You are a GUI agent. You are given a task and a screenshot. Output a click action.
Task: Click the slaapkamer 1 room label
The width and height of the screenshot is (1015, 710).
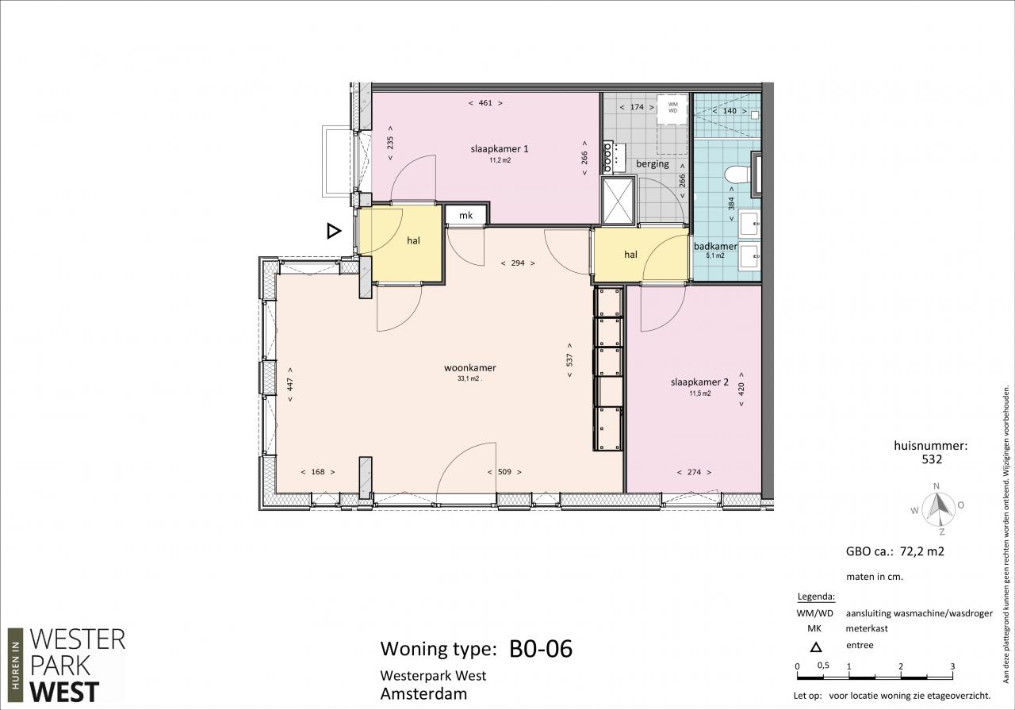(x=500, y=148)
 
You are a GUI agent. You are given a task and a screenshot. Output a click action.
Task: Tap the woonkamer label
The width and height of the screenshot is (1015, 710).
(x=470, y=368)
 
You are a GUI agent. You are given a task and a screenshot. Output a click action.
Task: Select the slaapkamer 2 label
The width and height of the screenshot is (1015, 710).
(x=699, y=382)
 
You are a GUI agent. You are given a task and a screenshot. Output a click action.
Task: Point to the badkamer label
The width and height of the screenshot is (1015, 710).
(x=715, y=246)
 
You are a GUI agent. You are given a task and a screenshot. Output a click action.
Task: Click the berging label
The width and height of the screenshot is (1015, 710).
(x=653, y=163)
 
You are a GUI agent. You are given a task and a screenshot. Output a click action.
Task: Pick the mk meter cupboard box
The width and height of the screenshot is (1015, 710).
(x=466, y=214)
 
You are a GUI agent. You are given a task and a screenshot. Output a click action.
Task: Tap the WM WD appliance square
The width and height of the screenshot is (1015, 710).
(x=672, y=108)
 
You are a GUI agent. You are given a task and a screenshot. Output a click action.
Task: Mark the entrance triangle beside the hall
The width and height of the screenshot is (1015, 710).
(x=334, y=231)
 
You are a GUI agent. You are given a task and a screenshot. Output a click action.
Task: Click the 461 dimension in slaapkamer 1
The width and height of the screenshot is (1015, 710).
(x=485, y=103)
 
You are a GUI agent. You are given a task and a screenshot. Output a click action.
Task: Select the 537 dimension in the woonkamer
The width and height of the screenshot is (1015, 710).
(x=569, y=360)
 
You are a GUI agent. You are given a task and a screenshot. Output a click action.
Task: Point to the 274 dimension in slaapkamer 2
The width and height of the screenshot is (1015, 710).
(x=694, y=472)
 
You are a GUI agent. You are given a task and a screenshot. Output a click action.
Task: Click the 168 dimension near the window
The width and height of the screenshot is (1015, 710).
(x=318, y=472)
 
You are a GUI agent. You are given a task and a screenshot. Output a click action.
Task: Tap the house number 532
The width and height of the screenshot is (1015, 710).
(x=932, y=460)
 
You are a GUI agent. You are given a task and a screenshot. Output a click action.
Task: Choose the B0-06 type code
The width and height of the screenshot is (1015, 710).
(x=541, y=648)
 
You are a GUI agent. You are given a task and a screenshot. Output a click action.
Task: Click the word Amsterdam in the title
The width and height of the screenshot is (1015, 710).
(x=423, y=693)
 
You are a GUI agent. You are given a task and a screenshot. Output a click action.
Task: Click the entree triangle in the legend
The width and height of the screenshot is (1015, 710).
(x=816, y=647)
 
